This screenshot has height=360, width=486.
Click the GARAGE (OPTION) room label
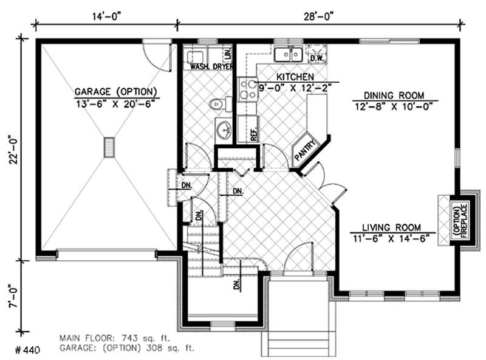[x=116, y=92]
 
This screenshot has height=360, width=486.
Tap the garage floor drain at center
[x=109, y=148]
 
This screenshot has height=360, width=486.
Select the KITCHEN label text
[x=295, y=77]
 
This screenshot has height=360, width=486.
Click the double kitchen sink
[x=288, y=55]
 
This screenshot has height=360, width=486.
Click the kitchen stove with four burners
[x=248, y=89]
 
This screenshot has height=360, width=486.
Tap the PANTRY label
[x=304, y=151]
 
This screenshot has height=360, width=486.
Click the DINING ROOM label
[x=394, y=95]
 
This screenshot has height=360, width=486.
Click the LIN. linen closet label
[x=228, y=53]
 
